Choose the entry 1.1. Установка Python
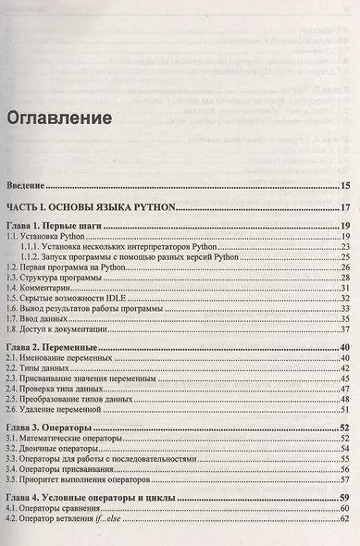pos(45,237)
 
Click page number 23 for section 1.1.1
pos(343,247)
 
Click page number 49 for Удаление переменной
pos(343,408)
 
